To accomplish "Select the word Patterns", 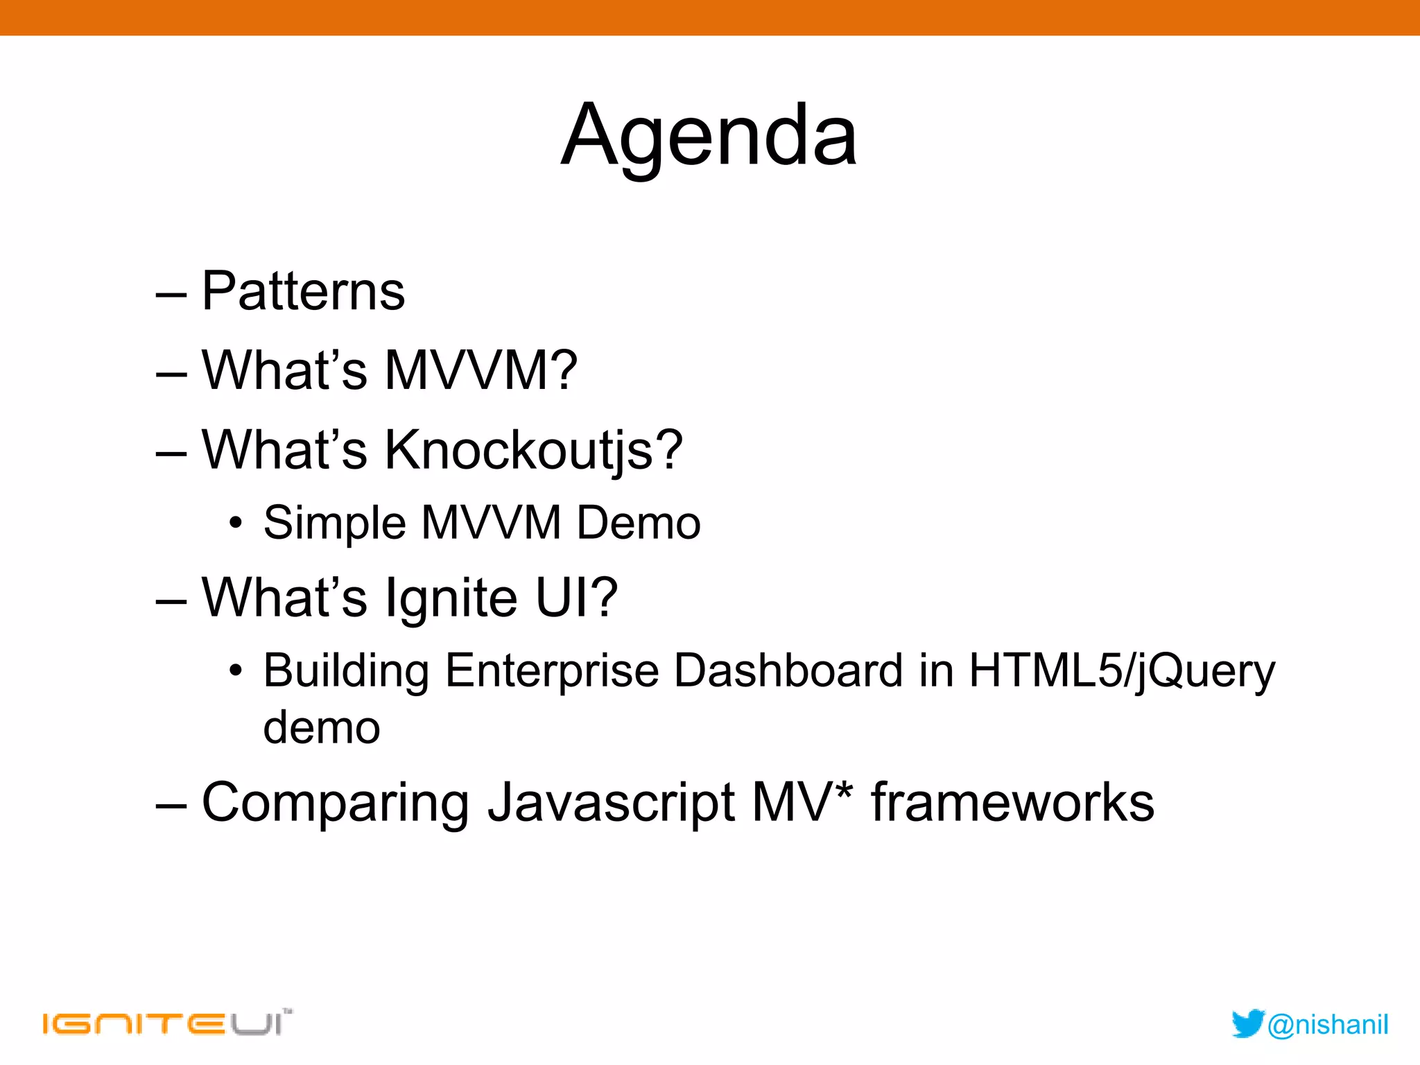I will [303, 291].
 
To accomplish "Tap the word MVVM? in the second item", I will [480, 370].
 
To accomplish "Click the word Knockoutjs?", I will [533, 451].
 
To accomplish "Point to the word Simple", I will [334, 523].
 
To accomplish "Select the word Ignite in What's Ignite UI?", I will [451, 598].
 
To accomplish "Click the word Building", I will [345, 671].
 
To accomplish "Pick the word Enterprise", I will [552, 671].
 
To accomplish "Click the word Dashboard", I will [788, 671].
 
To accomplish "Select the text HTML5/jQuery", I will [1121, 671].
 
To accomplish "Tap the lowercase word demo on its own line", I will [322, 728].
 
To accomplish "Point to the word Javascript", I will [611, 803].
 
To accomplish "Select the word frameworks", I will [1012, 803].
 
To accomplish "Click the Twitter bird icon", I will [1248, 1024].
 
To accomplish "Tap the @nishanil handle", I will [1328, 1025].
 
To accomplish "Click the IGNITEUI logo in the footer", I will [166, 1023].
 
